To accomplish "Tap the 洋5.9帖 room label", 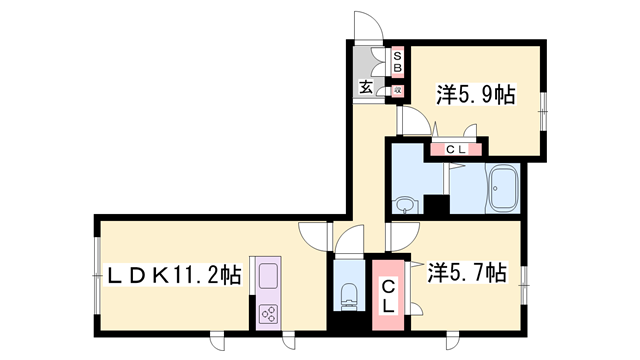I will tap(475, 96).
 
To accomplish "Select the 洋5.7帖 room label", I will tap(467, 272).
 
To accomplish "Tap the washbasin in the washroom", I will tap(404, 206).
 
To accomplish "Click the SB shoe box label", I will tap(397, 62).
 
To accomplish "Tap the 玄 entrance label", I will tap(366, 88).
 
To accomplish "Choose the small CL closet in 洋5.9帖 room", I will tap(455, 151).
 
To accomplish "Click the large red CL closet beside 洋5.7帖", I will tap(385, 295).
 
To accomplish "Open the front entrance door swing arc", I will tap(365, 28).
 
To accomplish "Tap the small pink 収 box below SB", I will tap(397, 89).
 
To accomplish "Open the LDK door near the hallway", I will tap(315, 237).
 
